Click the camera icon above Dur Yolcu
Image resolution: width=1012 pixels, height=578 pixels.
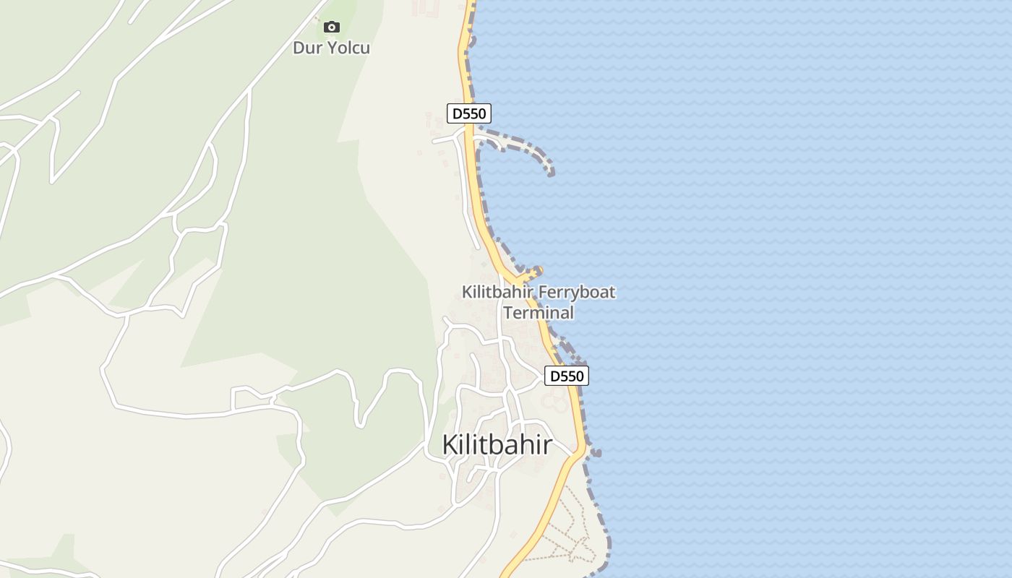pyautogui.click(x=332, y=27)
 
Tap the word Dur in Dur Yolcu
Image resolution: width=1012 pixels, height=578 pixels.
pyautogui.click(x=306, y=48)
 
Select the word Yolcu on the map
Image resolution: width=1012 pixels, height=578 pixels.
pyautogui.click(x=346, y=48)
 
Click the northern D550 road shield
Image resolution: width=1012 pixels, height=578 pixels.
pyautogui.click(x=469, y=113)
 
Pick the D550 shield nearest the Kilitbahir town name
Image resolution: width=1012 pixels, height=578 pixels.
pyautogui.click(x=566, y=376)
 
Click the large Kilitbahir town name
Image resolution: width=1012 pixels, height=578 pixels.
pyautogui.click(x=497, y=445)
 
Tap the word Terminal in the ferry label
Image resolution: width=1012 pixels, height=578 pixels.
pyautogui.click(x=539, y=313)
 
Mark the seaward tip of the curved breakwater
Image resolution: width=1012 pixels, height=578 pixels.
pyautogui.click(x=551, y=172)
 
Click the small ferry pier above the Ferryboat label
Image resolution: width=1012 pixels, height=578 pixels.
pyautogui.click(x=533, y=272)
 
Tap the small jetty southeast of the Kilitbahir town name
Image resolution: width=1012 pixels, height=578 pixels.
pyautogui.click(x=595, y=453)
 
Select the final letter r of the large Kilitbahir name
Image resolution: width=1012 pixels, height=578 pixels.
pyautogui.click(x=547, y=445)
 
